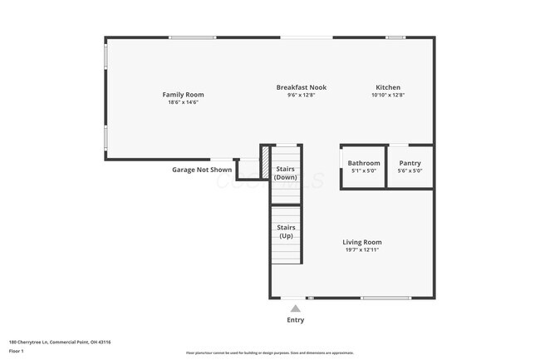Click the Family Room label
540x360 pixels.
tap(183, 95)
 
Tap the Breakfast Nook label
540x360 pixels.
tap(301, 87)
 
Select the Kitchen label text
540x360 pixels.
tap(388, 87)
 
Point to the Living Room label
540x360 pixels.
tap(362, 242)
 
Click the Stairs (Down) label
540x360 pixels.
tap(286, 173)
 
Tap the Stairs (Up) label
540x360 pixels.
tap(286, 231)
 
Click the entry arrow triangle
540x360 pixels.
tap(295, 308)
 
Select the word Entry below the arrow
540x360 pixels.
tap(296, 320)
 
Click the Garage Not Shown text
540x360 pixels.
tap(202, 170)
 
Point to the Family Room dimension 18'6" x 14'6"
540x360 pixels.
tap(183, 102)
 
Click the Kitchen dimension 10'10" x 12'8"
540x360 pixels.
tap(388, 95)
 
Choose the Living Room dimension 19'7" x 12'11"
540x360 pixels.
tap(362, 249)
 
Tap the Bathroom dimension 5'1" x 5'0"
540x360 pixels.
tap(364, 170)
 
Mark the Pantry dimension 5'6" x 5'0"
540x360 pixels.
tap(410, 170)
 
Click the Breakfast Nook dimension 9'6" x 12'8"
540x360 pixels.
tap(301, 95)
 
